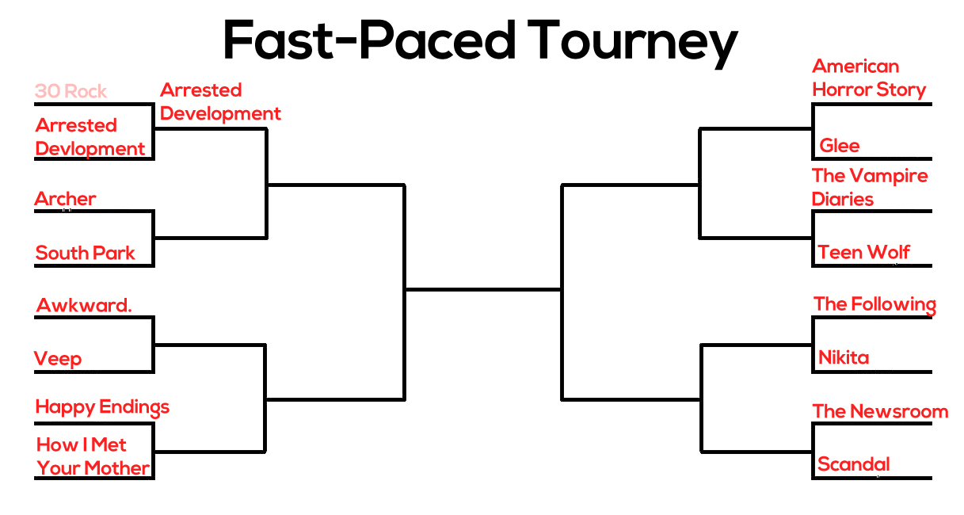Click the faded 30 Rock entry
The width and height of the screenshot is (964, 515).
click(x=70, y=91)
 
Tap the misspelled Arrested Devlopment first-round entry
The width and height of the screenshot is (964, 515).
click(x=90, y=137)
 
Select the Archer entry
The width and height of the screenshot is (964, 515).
click(x=65, y=199)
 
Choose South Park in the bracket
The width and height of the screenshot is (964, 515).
click(x=86, y=253)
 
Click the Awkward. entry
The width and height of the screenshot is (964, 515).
click(x=84, y=305)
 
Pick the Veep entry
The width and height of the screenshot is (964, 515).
click(x=58, y=359)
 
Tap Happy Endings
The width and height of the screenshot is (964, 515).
click(x=102, y=407)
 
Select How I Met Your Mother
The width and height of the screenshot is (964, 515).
click(x=93, y=456)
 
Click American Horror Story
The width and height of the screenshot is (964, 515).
click(x=869, y=78)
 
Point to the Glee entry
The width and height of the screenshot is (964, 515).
click(x=840, y=146)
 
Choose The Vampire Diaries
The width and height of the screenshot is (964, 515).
click(x=870, y=187)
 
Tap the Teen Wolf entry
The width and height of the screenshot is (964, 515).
click(x=863, y=252)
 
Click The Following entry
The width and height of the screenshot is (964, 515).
click(x=875, y=305)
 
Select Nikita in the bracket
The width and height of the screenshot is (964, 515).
click(x=844, y=357)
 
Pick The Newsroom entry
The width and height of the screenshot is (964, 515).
click(x=881, y=411)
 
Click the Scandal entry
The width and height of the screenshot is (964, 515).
click(x=854, y=464)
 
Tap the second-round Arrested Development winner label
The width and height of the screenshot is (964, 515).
click(x=220, y=102)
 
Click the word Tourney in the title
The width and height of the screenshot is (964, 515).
click(x=633, y=43)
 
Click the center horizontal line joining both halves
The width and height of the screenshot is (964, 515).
click(x=483, y=290)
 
